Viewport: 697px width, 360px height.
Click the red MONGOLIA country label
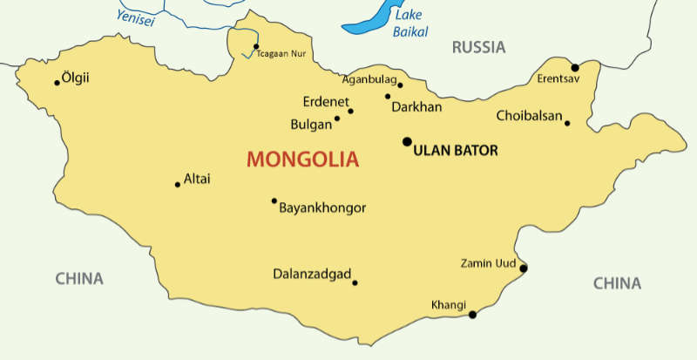tap(302, 160)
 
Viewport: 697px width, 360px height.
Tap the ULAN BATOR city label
tap(456, 151)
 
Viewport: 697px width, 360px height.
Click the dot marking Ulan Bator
tap(407, 141)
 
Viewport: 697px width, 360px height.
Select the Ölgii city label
tap(77, 78)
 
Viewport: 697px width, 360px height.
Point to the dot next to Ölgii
tap(58, 83)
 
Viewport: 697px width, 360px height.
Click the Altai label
tap(197, 180)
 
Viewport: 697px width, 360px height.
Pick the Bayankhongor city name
tap(321, 207)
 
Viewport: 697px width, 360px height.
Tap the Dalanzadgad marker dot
tap(355, 282)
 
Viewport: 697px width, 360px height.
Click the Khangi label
tap(449, 304)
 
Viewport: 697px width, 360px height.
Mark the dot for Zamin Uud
tap(524, 268)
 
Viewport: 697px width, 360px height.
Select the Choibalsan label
tap(529, 115)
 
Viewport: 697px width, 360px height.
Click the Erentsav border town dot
tap(575, 67)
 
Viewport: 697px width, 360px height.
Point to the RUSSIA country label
tap(478, 47)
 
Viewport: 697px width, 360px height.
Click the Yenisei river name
tap(136, 18)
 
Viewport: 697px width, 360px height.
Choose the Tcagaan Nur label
tap(281, 54)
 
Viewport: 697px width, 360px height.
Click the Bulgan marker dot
tap(337, 119)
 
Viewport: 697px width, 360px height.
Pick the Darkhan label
tap(417, 107)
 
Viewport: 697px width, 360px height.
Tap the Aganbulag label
tap(369, 78)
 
